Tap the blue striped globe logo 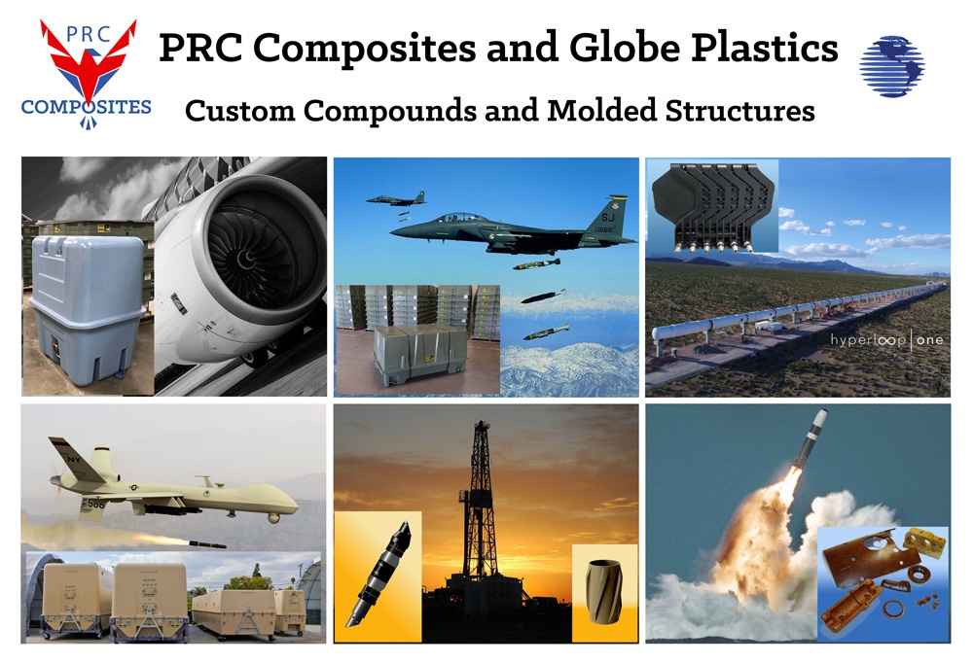pos(891,65)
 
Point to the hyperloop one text pos(886,340)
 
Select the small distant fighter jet pos(396,199)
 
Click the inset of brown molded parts pos(883,582)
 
